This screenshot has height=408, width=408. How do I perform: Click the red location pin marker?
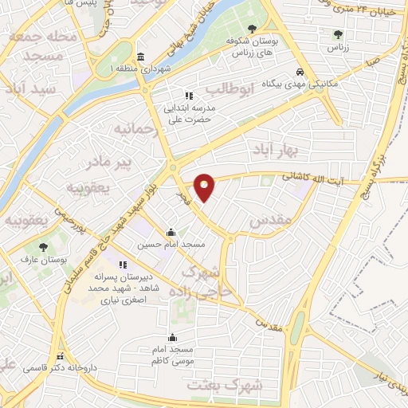[x=206, y=186]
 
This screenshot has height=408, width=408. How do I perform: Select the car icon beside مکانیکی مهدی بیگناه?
[x=299, y=70]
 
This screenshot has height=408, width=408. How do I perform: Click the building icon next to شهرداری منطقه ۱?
[x=141, y=57]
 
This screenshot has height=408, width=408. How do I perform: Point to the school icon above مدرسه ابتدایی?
[x=189, y=95]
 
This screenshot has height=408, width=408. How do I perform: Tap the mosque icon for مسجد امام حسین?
[x=171, y=233]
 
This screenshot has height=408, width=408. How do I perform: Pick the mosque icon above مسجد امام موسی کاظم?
[x=173, y=337]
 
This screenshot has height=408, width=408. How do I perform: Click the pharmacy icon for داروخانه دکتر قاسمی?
[x=60, y=355]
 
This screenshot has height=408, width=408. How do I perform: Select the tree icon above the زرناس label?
[x=338, y=34]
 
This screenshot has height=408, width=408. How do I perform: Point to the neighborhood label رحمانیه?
[x=131, y=127]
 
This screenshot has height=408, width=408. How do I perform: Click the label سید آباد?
[x=29, y=88]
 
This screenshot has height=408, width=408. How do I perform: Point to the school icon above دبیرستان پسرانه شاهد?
[x=122, y=264]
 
